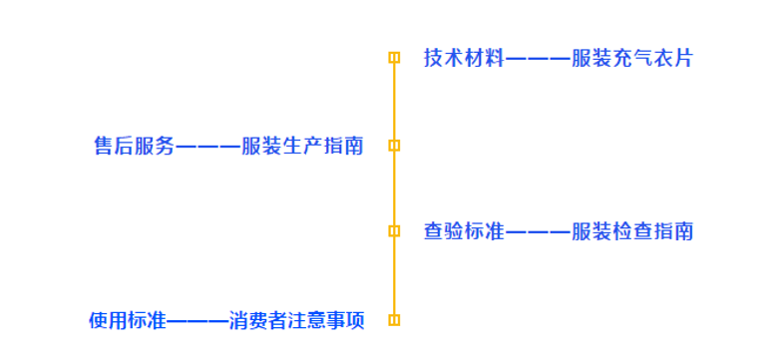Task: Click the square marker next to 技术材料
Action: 394,58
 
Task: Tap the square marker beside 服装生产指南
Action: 394,146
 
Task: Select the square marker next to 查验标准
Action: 394,231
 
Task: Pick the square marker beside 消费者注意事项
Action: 394,320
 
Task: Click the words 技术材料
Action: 464,58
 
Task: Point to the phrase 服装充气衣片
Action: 631,58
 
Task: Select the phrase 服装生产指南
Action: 302,147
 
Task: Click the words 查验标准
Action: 464,232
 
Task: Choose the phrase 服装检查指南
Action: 631,232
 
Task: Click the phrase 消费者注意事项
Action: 296,321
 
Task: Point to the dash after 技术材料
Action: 538,59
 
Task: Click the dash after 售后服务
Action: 207,148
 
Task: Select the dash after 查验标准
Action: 538,233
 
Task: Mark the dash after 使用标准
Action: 195,322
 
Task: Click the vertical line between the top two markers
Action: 394,102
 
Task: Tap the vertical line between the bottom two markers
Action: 394,276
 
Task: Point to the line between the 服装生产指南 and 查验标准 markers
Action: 394,188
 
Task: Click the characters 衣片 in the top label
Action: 675,58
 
